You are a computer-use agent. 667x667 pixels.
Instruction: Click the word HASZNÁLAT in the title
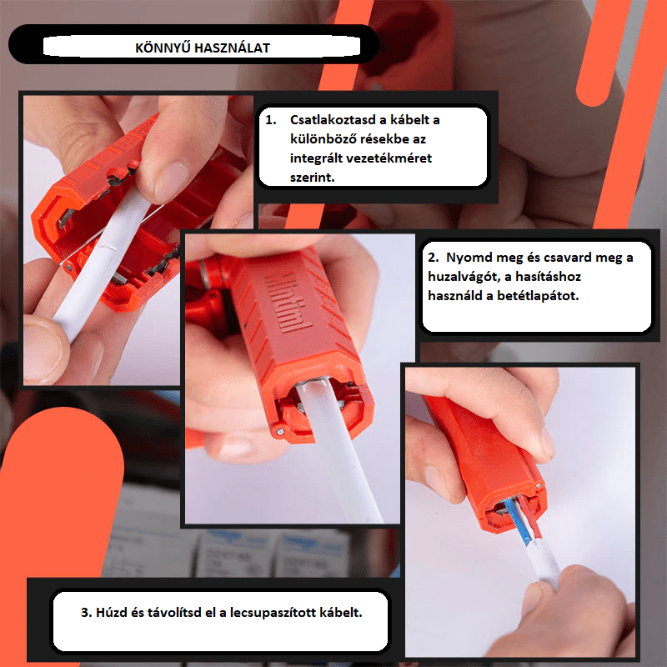pyautogui.click(x=233, y=48)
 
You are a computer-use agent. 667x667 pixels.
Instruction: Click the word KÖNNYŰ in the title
pyautogui.click(x=163, y=48)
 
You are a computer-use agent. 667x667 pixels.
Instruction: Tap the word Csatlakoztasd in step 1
pyautogui.click(x=332, y=120)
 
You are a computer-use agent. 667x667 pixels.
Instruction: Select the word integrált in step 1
pyautogui.click(x=316, y=158)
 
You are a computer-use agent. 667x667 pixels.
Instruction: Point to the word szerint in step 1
pyautogui.click(x=312, y=178)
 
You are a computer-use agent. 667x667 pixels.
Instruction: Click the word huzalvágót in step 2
pyautogui.click(x=464, y=277)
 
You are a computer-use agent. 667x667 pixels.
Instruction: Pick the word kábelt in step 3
pyautogui.click(x=341, y=613)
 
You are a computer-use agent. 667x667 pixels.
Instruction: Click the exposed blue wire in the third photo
pyautogui.click(x=516, y=524)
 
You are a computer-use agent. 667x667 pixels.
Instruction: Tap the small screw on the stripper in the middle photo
pyautogui.click(x=280, y=432)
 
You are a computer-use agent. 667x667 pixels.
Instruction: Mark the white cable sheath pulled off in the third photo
pyautogui.click(x=543, y=562)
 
